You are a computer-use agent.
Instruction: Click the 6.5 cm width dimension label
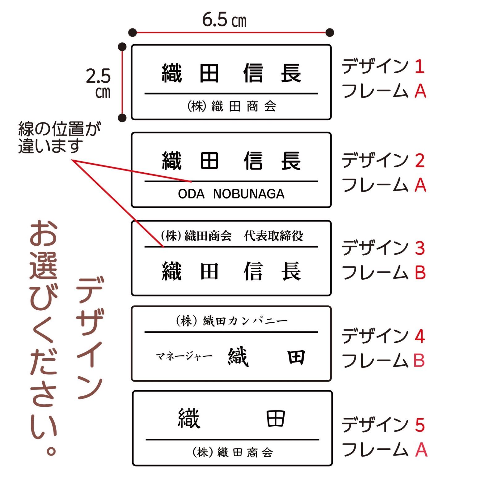coord(224,20)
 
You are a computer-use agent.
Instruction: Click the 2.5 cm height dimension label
coord(99,83)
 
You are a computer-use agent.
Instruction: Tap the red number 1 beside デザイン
coord(419,67)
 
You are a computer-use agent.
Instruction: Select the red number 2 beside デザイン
coord(420,161)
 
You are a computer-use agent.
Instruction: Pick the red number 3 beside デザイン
coord(420,248)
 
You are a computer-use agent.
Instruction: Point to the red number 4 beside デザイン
coord(420,336)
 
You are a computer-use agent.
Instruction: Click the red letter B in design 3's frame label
coord(420,273)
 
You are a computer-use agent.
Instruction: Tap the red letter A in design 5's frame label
coord(421,450)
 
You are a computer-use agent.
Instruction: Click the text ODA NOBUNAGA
coord(231,194)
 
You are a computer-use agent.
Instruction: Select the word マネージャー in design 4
coord(184,356)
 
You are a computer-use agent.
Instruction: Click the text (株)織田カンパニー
coord(231,321)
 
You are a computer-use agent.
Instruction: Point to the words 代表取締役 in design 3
coord(273,236)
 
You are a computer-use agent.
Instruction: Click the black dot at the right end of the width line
coord(330,32)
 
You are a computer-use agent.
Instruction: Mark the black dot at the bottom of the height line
coord(122,118)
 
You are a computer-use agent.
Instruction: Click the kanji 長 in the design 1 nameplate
coord(291,73)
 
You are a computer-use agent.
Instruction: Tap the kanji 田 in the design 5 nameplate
coord(275,419)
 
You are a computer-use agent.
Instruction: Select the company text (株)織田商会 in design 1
coord(231,106)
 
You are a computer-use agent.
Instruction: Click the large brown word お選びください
coord(44,337)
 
